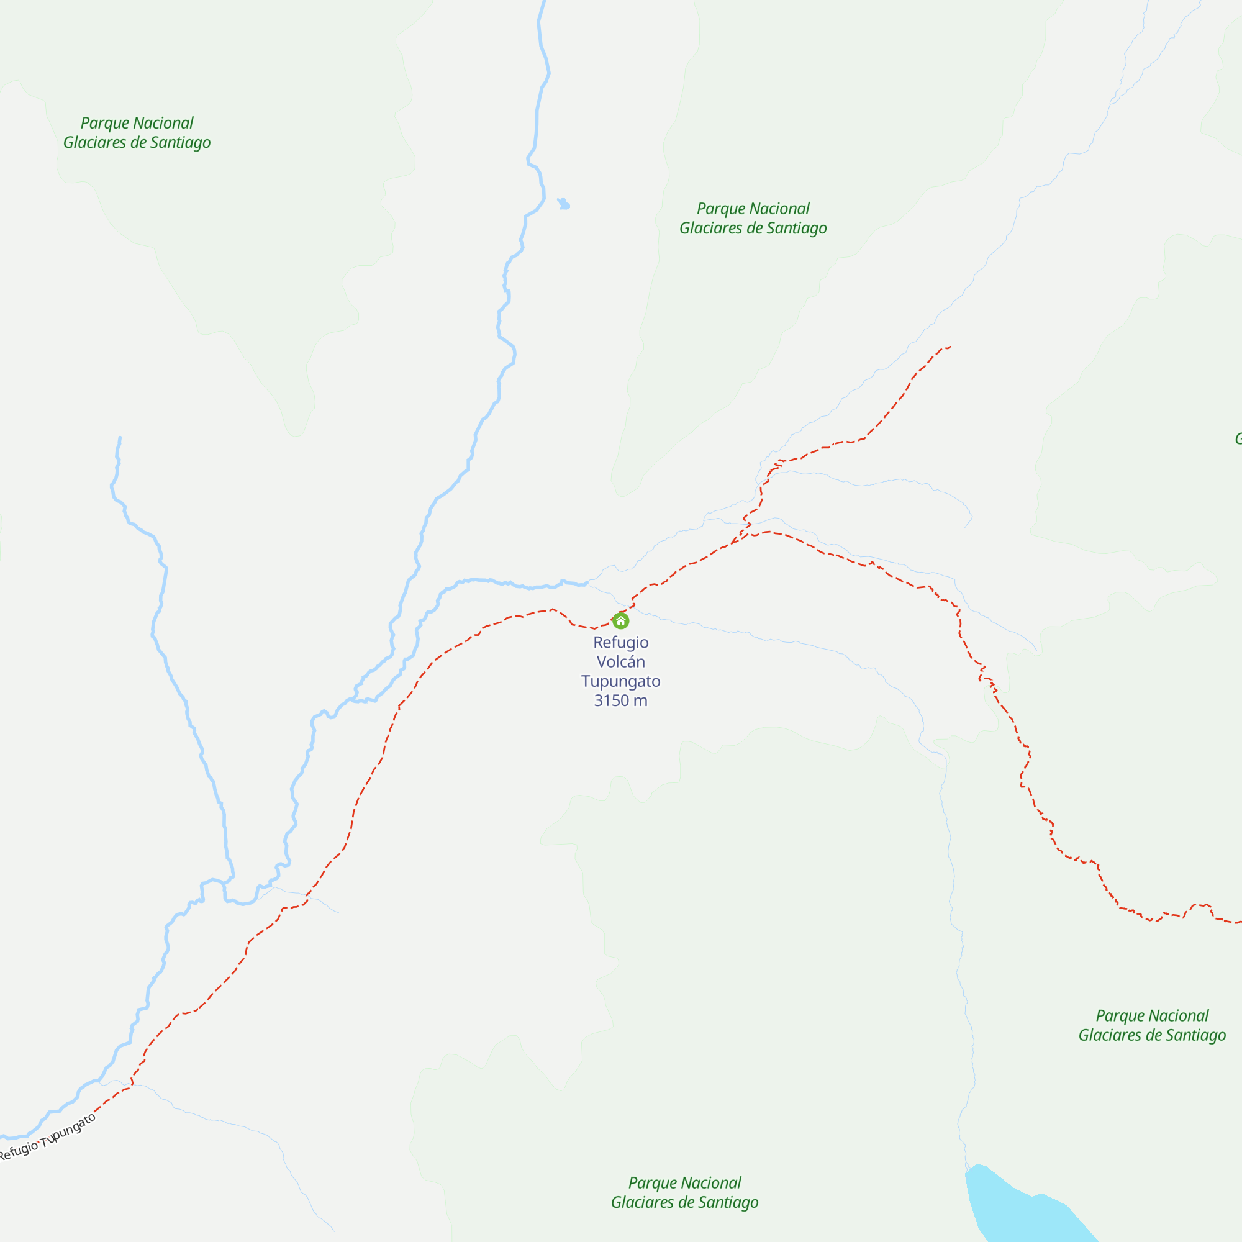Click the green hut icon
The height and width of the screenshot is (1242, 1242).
620,621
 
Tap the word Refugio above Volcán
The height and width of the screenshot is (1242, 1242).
620,642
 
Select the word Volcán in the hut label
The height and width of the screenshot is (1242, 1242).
620,661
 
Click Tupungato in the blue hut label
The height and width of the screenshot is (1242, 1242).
620,681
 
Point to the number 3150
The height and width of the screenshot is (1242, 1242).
611,700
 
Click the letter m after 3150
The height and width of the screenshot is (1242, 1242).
640,700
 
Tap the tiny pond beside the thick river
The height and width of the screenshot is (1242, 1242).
564,204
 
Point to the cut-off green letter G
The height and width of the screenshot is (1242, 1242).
1238,438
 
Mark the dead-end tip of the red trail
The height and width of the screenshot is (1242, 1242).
950,347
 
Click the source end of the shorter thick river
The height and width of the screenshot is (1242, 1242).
120,438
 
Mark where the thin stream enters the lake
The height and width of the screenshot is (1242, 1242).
966,1171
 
